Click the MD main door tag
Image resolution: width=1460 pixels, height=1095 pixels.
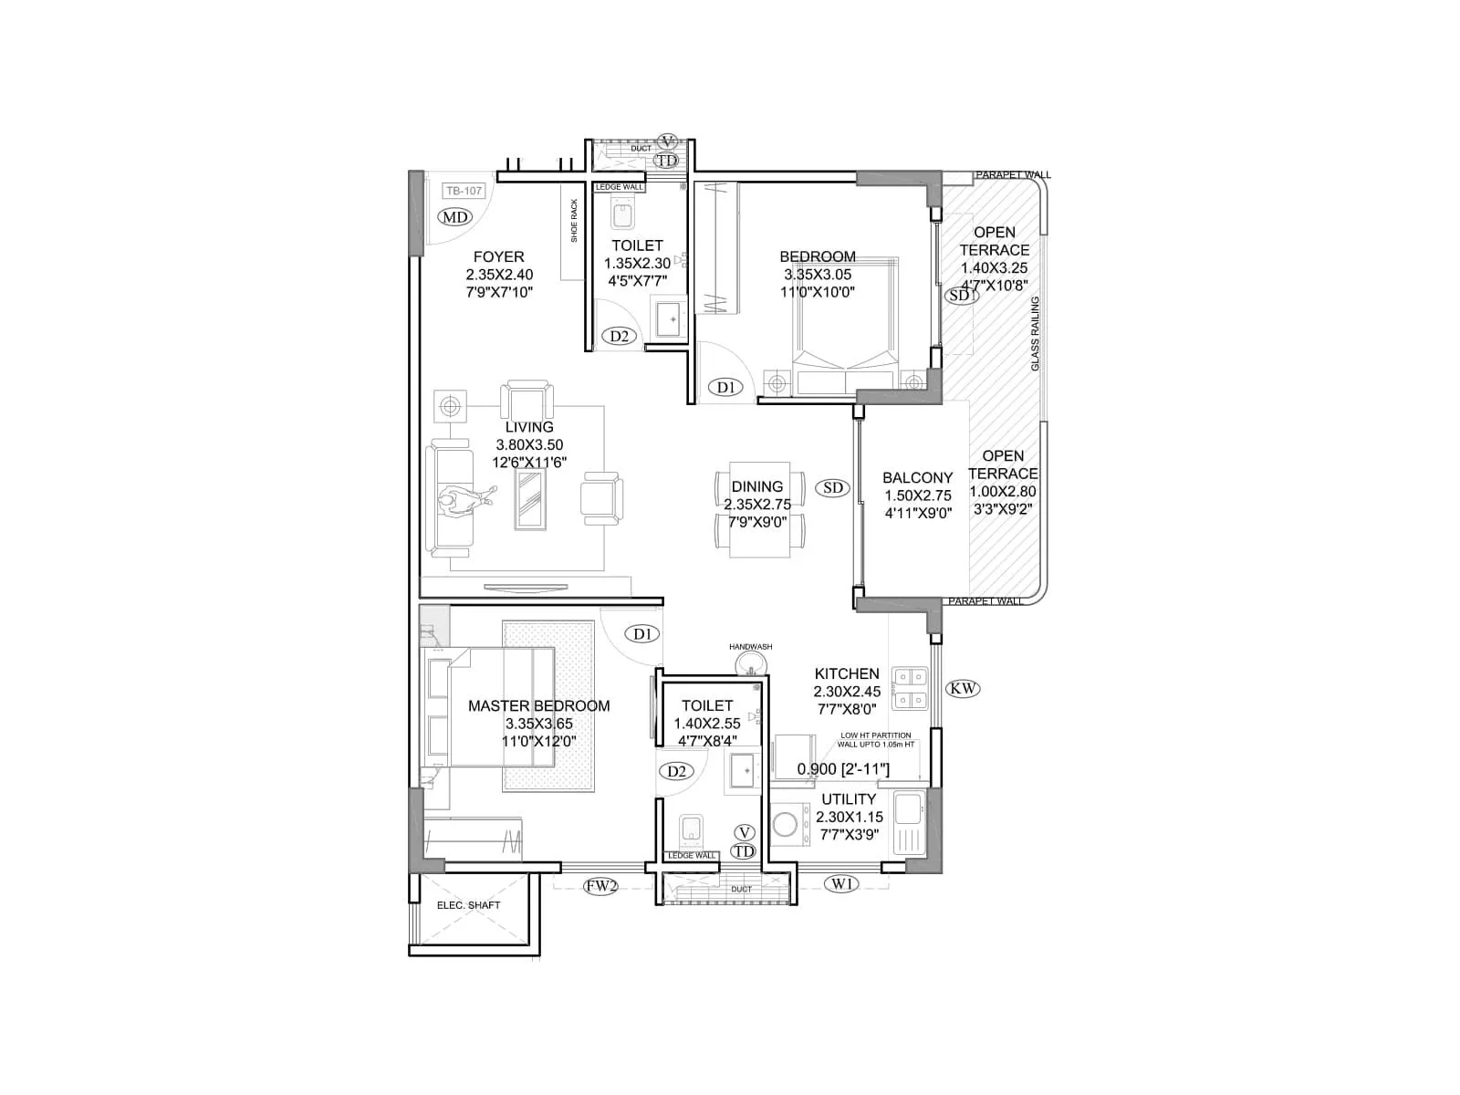click(454, 216)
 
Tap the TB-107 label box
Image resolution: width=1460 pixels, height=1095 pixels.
click(463, 191)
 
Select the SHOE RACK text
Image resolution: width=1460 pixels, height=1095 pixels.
click(574, 220)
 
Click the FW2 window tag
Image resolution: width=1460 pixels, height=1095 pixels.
click(601, 884)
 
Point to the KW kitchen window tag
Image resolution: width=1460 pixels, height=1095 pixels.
click(963, 688)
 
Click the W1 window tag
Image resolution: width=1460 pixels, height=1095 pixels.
click(841, 882)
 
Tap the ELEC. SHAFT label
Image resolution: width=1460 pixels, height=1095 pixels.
click(468, 905)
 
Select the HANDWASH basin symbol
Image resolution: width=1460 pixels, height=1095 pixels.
click(751, 663)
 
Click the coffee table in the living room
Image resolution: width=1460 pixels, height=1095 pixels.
click(530, 501)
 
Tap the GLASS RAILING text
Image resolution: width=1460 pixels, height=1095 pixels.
click(1035, 333)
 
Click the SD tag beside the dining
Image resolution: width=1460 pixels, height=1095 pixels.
click(832, 487)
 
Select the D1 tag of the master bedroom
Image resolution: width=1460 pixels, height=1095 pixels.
click(642, 633)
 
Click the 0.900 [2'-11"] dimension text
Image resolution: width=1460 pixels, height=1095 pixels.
click(843, 769)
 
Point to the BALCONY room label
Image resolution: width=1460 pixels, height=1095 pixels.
click(917, 477)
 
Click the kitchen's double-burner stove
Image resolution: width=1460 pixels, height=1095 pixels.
click(909, 689)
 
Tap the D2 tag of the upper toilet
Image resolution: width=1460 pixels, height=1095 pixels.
click(619, 336)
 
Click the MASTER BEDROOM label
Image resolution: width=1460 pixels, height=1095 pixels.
click(538, 705)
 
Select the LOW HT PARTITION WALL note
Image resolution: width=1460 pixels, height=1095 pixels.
click(875, 739)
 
